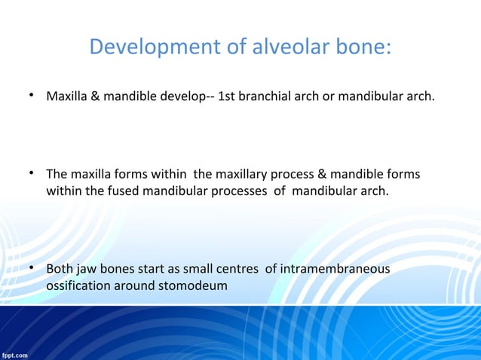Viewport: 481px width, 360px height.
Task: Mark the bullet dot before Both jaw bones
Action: [32, 269]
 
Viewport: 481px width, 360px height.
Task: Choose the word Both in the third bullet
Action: [60, 270]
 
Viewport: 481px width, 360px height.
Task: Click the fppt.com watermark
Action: [15, 354]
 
